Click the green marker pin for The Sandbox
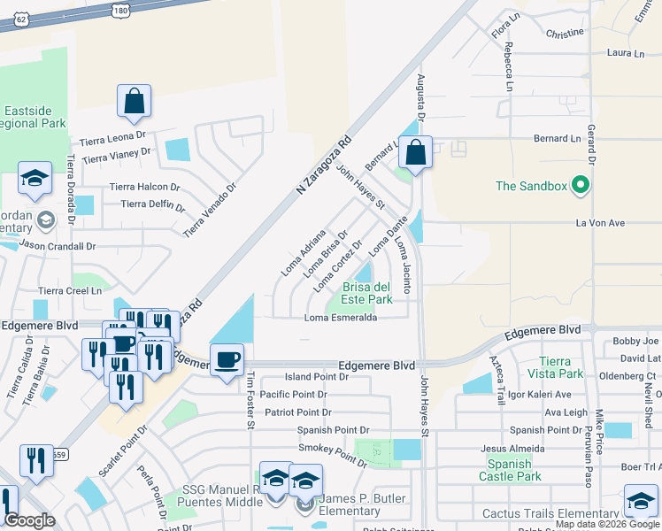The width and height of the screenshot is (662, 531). pos(581,185)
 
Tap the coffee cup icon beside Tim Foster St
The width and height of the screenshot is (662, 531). pos(227,359)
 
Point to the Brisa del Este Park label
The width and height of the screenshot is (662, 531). pos(367,293)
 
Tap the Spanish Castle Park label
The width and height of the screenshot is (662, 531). pos(509,470)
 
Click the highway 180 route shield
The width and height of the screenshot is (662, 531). pos(122,9)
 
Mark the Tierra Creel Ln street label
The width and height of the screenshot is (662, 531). pos(70,290)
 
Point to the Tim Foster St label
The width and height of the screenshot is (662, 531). pos(250,399)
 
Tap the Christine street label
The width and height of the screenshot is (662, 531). pos(564,33)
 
